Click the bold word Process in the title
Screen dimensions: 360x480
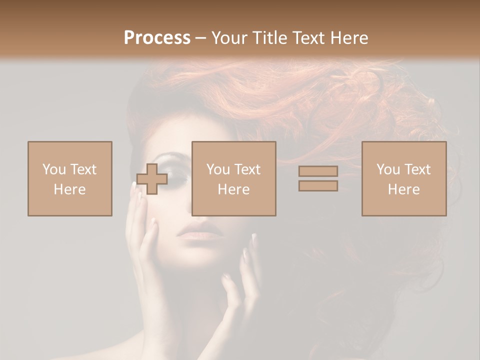point(157,37)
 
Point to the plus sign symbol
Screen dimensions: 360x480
point(152,179)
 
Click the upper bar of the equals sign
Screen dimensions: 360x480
point(318,171)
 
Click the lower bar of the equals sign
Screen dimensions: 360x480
point(318,185)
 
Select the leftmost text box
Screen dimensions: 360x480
point(70,178)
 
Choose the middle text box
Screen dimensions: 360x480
point(234,178)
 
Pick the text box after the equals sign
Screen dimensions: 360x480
point(404,178)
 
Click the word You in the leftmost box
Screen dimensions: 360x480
point(54,169)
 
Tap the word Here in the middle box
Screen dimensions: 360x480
point(234,189)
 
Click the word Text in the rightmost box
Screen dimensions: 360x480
point(417,169)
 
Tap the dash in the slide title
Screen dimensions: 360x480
point(201,37)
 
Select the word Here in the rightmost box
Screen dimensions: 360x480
point(404,189)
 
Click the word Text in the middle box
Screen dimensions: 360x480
point(247,169)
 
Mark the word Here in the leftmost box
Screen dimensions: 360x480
point(70,189)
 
